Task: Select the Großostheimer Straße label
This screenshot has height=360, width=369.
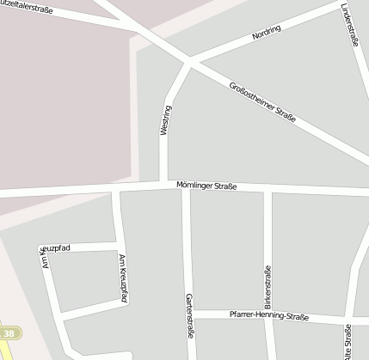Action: pyautogui.click(x=263, y=101)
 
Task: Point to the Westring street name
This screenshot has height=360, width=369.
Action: pyautogui.click(x=165, y=119)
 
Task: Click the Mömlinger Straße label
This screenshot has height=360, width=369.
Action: pyautogui.click(x=206, y=186)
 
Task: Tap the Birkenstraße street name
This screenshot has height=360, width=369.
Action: pyautogui.click(x=268, y=287)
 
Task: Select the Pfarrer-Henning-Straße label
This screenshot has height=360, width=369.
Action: pyautogui.click(x=268, y=316)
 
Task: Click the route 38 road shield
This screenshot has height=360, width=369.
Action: pyautogui.click(x=9, y=333)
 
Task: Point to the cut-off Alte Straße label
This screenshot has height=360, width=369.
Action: pyautogui.click(x=347, y=342)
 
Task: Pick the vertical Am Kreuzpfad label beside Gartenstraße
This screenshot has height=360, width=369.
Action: pyautogui.click(x=122, y=278)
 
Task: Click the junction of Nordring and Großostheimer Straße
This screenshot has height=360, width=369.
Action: pyautogui.click(x=189, y=62)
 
